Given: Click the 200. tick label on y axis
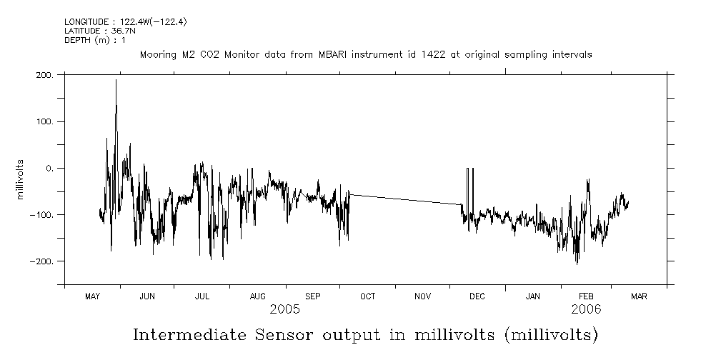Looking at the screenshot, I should pos(44,74).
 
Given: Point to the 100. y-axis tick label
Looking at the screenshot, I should pos(44,121).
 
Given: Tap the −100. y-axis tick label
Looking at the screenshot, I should pos(41,215).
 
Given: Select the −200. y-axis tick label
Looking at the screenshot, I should pos(41,261).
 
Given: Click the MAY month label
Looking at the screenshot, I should pos(92,296).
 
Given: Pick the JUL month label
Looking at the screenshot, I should pos(202,296).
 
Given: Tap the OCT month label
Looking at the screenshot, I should pos(367,296).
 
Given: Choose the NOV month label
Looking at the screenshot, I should pos(422,296).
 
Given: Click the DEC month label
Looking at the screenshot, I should pos(477,296).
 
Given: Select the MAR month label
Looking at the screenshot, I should pos(639,296).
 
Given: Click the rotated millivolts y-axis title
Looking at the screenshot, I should pos(22,179).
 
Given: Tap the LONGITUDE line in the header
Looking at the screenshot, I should pos(126,22).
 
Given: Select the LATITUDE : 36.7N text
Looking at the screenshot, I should pos(99,31).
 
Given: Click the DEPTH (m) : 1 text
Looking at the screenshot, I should pos(95,40).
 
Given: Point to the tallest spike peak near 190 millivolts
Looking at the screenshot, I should pos(116,81).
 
